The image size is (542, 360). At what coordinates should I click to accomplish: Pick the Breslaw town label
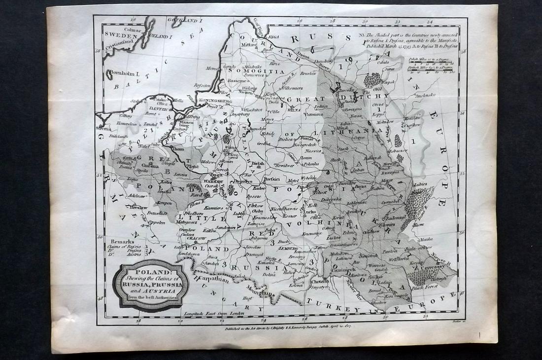pyautogui.click(x=139, y=207)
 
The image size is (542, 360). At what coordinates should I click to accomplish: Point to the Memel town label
pyautogui.click(x=213, y=68)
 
